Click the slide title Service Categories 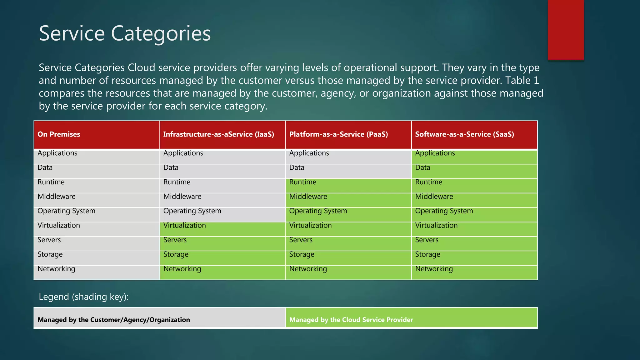coord(125,33)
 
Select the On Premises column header coord(59,134)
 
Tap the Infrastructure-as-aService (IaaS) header coord(218,134)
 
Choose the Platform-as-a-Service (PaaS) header coord(338,134)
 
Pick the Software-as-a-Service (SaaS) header coord(464,134)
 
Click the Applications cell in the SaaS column coord(435,153)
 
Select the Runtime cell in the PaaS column coord(303,182)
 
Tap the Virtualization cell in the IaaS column coord(185,225)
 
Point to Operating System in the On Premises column coord(66,211)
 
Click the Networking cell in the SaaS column coord(434,269)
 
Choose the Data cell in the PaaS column coord(297,167)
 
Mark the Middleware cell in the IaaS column coord(182,197)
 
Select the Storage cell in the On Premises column coord(50,254)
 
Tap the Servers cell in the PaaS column coord(301,240)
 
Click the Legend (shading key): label coord(84,297)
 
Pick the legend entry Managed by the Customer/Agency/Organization coord(114,320)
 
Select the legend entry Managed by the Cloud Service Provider coord(351,320)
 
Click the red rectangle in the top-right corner coord(566,30)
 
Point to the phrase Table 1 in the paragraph coord(522,81)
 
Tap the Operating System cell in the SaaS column coord(444,211)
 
